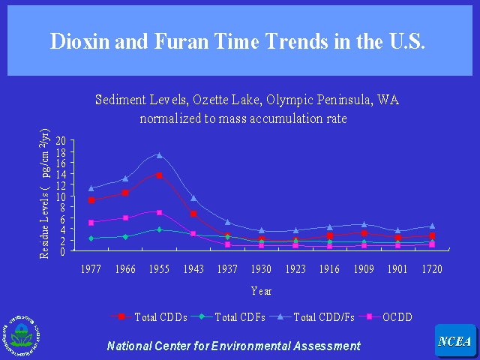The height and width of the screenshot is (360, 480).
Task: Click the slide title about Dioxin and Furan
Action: (238, 40)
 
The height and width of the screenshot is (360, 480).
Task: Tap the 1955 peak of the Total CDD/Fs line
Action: (159, 155)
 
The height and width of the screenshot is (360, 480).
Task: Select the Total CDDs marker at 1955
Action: (159, 175)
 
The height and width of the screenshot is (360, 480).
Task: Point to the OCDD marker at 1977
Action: (91, 223)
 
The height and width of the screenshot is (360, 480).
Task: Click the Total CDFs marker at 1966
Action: (125, 237)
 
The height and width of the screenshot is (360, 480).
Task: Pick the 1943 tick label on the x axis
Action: (193, 268)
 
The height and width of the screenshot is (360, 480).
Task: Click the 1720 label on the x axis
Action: (431, 268)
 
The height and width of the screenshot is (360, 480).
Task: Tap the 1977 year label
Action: (91, 268)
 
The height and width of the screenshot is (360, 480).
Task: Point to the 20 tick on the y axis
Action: (60, 140)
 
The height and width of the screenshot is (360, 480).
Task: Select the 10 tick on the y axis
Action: (60, 196)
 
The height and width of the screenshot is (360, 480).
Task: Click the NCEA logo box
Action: (454, 341)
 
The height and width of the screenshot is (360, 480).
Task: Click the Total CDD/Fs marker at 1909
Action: (364, 224)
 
